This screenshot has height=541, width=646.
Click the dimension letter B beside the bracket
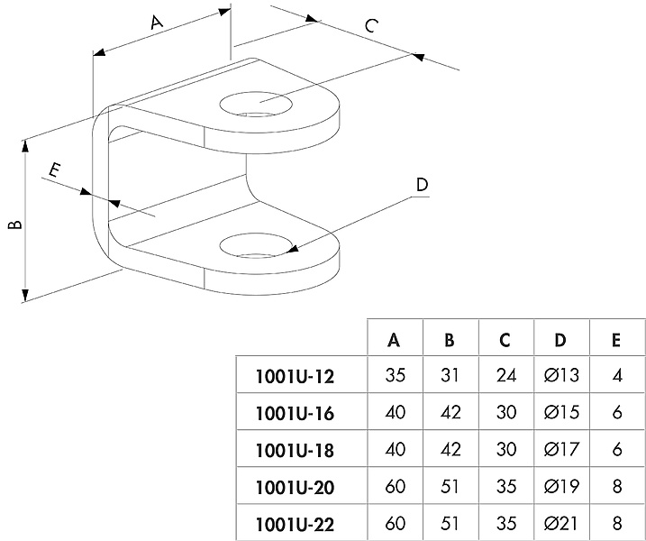(15, 224)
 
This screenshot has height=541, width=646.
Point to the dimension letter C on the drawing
(370, 26)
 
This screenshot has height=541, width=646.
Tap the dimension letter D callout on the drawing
(423, 186)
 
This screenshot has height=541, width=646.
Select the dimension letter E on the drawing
(55, 170)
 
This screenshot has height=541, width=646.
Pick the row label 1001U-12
(296, 375)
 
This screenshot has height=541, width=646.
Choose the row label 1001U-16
(296, 414)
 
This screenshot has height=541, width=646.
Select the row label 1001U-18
(296, 449)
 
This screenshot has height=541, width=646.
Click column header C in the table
(505, 340)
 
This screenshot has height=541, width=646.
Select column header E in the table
(616, 340)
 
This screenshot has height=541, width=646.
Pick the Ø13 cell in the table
(560, 375)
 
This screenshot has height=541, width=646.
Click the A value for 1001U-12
(395, 375)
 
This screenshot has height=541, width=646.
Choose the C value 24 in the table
(505, 375)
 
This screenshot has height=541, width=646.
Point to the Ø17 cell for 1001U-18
(560, 449)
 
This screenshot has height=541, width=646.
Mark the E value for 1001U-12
(616, 375)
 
